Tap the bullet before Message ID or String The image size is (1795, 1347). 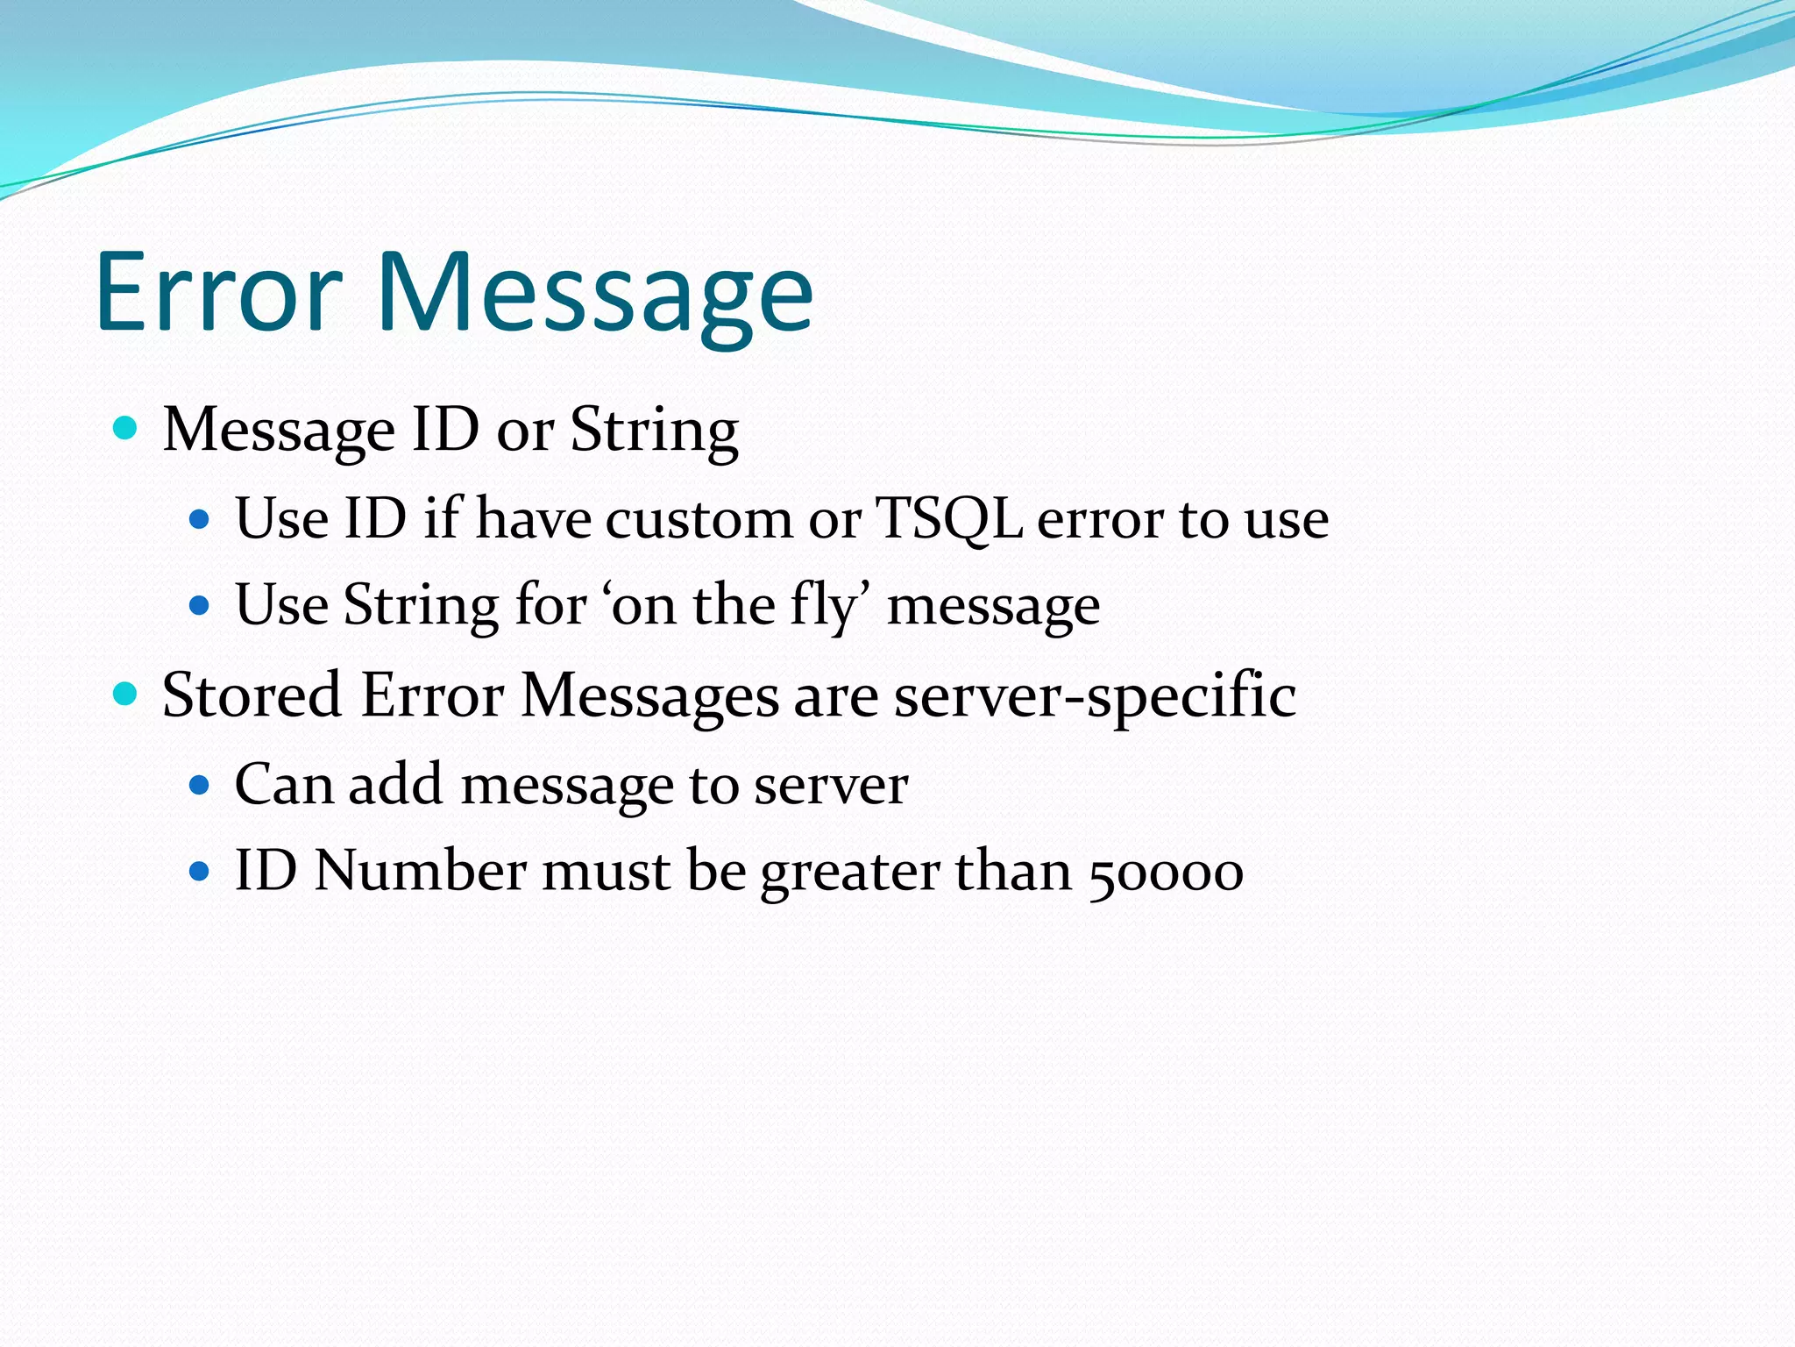pos(126,429)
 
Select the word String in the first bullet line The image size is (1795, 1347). pos(654,431)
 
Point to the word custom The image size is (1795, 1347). pos(699,518)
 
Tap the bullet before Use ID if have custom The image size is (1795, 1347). pos(200,520)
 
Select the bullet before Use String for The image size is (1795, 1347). pos(200,605)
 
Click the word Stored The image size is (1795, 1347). pos(252,695)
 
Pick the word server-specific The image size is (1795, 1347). pos(1095,695)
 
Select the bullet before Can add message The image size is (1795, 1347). pos(200,783)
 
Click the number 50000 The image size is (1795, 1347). pos(1166,873)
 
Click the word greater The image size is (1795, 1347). pos(849,873)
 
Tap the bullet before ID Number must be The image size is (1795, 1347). pos(200,871)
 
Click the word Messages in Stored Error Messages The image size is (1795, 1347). pos(649,695)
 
